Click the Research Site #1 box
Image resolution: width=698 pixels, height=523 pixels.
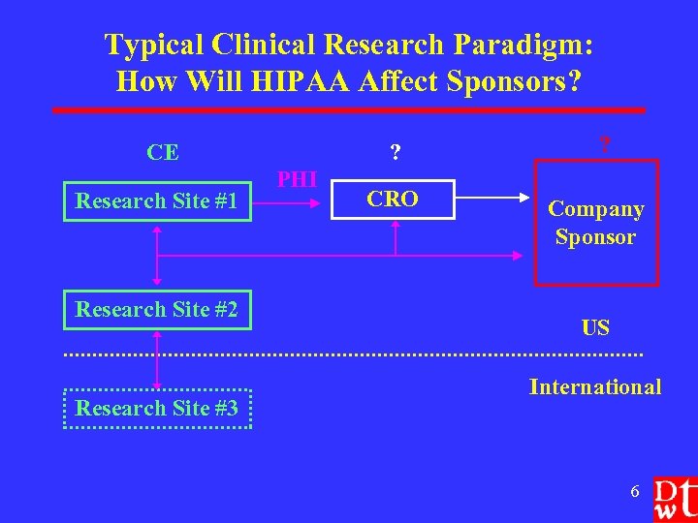point(157,201)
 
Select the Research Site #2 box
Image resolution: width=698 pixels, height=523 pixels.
point(157,310)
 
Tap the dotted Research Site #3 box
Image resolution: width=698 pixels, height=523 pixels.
point(157,409)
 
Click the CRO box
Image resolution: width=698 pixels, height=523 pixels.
point(394,200)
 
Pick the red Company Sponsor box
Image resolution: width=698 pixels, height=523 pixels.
point(595,223)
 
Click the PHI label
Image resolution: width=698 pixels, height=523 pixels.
point(298,179)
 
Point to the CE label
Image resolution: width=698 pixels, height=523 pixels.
point(162,152)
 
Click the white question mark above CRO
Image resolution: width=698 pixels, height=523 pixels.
point(395,152)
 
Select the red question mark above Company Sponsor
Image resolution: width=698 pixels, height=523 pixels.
point(604,146)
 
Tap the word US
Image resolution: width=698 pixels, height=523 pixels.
point(595,327)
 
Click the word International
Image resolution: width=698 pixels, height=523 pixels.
point(595,387)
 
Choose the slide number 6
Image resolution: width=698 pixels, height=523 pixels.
point(635,492)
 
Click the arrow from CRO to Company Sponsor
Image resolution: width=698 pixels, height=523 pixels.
point(494,200)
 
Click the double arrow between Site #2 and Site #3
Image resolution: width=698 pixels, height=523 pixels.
point(157,359)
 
